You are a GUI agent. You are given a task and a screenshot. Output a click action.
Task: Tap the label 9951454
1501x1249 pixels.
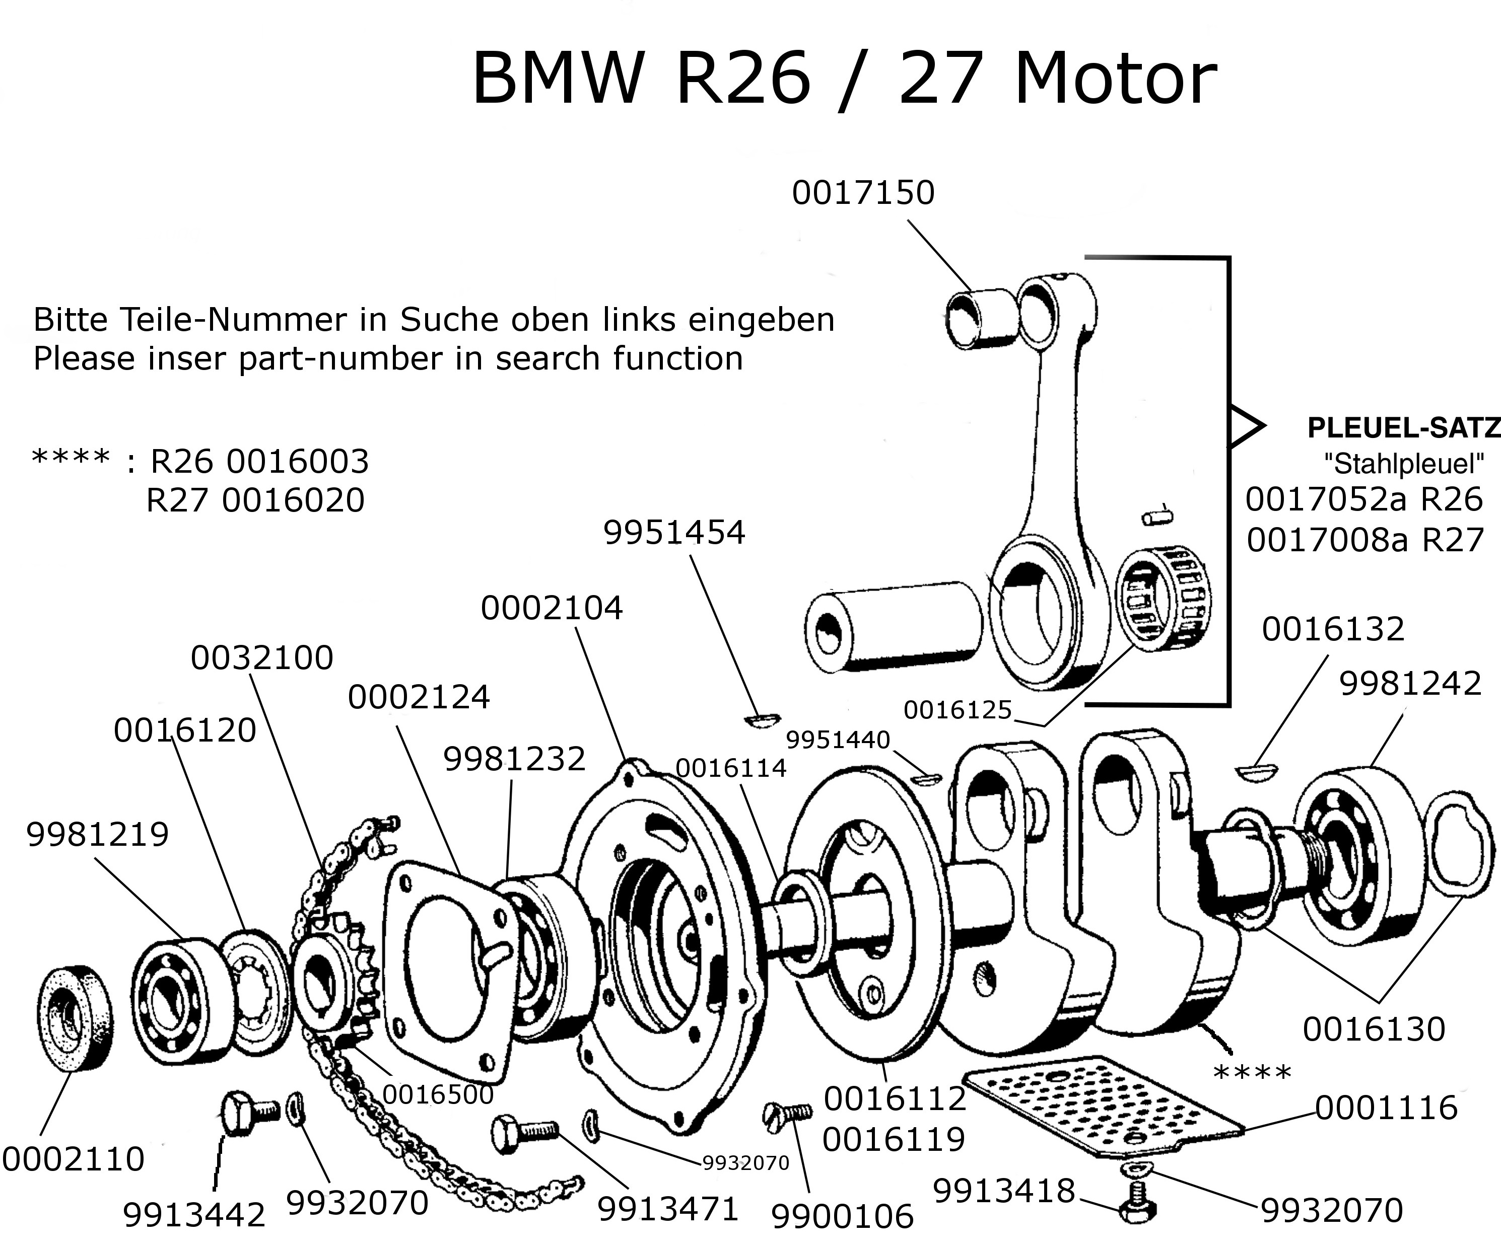pyautogui.click(x=674, y=532)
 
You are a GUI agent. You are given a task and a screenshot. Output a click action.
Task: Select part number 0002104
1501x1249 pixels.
pyautogui.click(x=551, y=608)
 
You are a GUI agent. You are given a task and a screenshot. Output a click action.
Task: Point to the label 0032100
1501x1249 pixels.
pyautogui.click(x=261, y=657)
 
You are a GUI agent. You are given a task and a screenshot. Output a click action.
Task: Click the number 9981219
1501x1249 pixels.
pyautogui.click(x=97, y=834)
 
